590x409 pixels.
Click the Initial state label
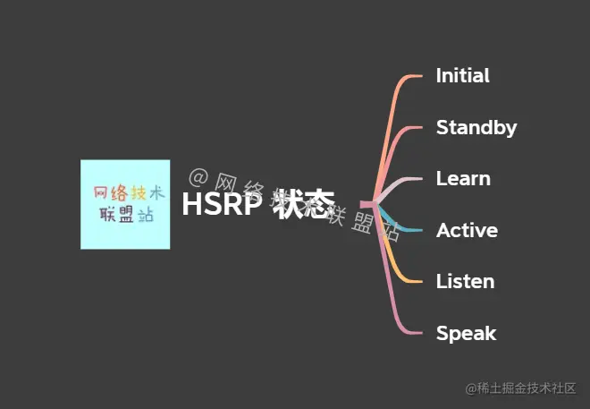tap(462, 76)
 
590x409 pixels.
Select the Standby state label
tap(476, 128)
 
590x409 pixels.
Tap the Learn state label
tap(462, 179)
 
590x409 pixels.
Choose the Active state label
tap(467, 231)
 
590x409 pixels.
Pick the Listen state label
tap(465, 282)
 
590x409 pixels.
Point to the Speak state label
tap(466, 334)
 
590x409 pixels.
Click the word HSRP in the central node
tap(222, 205)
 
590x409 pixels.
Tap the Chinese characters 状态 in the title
tap(305, 205)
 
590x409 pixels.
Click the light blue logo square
tap(124, 204)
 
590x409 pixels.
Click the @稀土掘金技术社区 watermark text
tap(520, 388)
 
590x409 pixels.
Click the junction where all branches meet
tap(369, 205)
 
